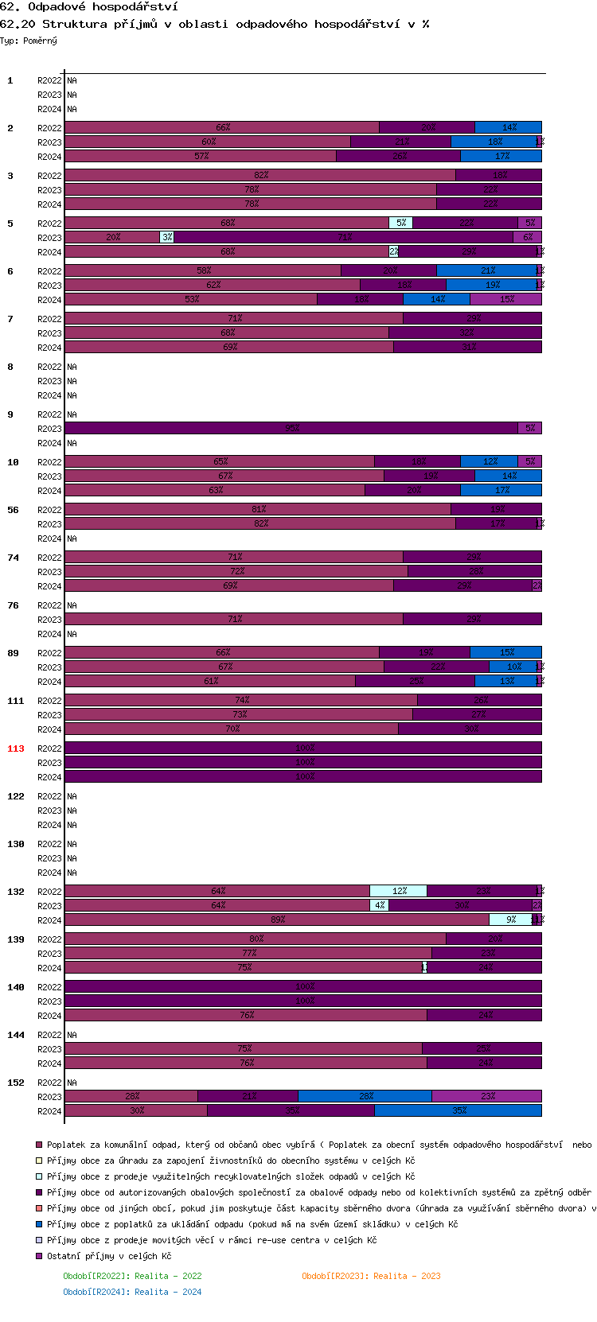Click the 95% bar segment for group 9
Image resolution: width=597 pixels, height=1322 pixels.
tap(291, 428)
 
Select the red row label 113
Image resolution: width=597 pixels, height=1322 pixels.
tap(16, 748)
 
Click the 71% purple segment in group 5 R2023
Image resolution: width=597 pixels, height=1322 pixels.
tap(344, 237)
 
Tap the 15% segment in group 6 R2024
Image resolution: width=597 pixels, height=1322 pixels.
tap(506, 299)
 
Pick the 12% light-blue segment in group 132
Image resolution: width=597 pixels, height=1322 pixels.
tap(398, 891)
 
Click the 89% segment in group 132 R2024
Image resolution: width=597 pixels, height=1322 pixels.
tap(277, 920)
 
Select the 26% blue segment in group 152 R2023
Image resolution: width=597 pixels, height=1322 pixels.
tap(365, 1096)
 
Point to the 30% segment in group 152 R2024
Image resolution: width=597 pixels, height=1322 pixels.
tap(136, 1110)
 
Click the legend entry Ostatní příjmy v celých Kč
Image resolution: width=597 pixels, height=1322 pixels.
tap(108, 1256)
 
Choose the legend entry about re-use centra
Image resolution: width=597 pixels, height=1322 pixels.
tap(211, 1240)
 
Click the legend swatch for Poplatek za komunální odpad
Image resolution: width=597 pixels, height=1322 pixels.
tap(39, 1145)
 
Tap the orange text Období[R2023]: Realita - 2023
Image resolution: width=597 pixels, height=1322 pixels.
tap(371, 1276)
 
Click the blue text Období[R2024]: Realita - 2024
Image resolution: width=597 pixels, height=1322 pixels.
tap(132, 1292)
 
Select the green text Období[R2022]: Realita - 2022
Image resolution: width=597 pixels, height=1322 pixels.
tap(132, 1276)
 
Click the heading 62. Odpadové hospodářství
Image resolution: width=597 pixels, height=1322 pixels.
tap(89, 6)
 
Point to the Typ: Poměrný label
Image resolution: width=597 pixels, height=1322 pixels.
tap(29, 41)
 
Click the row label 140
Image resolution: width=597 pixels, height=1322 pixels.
tap(16, 987)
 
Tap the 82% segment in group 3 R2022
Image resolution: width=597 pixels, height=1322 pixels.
tap(260, 175)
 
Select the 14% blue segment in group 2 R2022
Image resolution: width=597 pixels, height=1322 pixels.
tap(508, 127)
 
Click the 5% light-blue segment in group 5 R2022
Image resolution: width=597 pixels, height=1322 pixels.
tap(400, 223)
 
